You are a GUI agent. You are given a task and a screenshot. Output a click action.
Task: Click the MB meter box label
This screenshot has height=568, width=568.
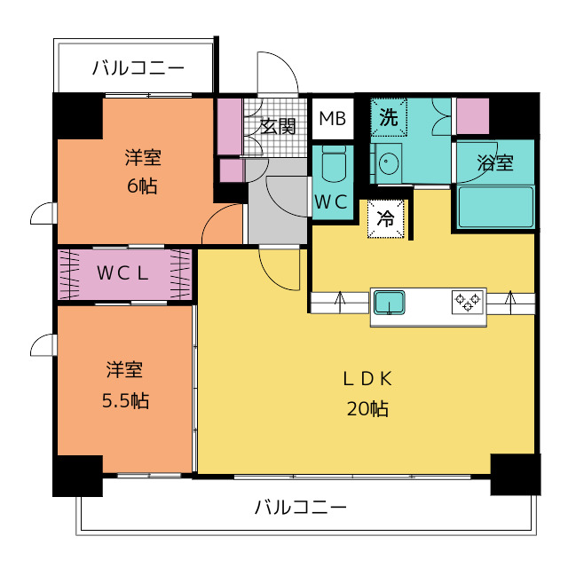[333, 118]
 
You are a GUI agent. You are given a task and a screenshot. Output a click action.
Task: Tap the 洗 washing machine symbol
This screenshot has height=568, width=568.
[389, 117]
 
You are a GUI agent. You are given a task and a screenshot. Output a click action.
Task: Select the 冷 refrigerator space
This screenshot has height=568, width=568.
[386, 219]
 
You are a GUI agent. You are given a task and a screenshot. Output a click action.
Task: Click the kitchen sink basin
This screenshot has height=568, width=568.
[390, 303]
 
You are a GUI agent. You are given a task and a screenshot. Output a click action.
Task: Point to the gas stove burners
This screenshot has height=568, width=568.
[468, 302]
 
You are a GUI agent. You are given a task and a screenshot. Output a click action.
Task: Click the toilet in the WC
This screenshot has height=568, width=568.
[334, 163]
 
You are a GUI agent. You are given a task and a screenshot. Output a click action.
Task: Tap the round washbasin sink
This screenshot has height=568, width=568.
[389, 163]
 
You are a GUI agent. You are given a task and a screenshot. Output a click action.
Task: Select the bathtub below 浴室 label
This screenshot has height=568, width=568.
[495, 207]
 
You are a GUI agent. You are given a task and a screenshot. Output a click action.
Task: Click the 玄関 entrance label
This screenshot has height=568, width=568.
[278, 126]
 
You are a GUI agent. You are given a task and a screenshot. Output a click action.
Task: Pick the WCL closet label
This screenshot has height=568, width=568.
[122, 273]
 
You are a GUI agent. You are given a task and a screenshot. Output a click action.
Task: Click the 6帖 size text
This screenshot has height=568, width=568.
[142, 186]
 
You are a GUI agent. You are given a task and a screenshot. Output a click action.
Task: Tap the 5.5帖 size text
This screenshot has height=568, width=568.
[125, 400]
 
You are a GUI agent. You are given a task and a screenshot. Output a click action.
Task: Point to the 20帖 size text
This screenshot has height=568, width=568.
[367, 408]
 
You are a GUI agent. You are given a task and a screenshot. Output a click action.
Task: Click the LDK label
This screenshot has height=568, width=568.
[367, 379]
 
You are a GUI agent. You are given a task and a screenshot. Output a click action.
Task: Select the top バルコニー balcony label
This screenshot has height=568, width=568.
[138, 67]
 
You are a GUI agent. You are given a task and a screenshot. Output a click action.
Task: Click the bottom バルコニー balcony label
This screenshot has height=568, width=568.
[301, 507]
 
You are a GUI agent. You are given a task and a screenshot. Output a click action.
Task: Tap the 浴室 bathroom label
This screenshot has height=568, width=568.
[495, 162]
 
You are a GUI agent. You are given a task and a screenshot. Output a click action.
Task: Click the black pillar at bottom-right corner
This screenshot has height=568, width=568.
[516, 474]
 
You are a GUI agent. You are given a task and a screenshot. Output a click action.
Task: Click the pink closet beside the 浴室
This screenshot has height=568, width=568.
[473, 116]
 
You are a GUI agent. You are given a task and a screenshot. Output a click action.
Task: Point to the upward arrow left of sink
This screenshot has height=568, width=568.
[340, 302]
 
